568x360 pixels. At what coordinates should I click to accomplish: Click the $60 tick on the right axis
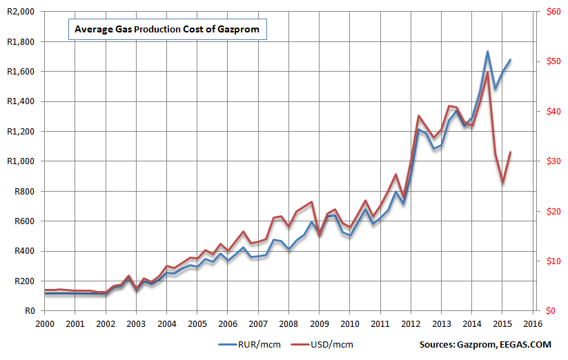[x=551, y=12]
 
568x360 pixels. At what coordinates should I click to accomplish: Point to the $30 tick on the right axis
[x=551, y=161]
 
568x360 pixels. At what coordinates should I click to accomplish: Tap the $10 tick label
[x=551, y=261]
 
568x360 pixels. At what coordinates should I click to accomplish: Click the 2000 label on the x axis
[x=45, y=323]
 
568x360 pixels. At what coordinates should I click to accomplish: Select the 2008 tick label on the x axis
[x=288, y=323]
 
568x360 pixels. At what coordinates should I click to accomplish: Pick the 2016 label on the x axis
[x=532, y=323]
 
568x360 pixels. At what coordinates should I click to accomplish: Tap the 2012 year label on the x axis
[x=411, y=323]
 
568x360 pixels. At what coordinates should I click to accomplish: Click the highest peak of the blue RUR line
[x=487, y=52]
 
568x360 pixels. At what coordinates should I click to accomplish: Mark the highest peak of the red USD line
[x=487, y=72]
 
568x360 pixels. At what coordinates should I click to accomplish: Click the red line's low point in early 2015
[x=502, y=183]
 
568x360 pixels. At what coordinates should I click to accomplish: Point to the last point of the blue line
[x=510, y=60]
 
